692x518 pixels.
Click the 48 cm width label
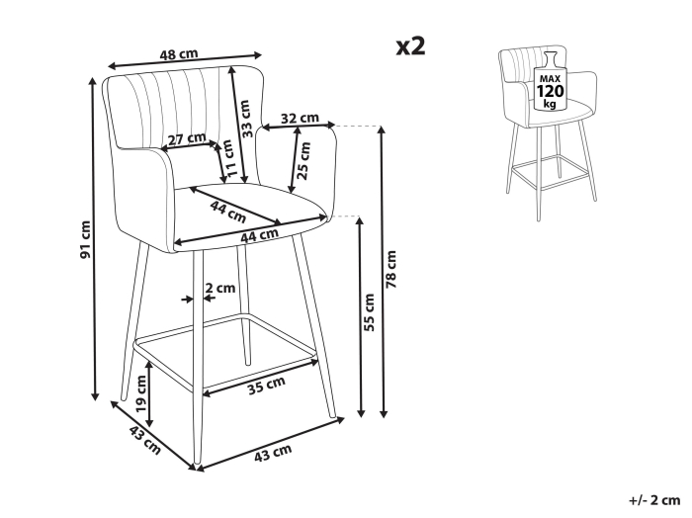[179, 54]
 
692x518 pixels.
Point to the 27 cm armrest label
[187, 139]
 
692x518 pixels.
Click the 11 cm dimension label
[228, 158]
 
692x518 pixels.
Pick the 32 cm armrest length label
[300, 119]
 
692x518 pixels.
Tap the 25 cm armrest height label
[303, 160]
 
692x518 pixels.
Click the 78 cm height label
[391, 269]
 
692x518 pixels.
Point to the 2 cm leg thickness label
[220, 288]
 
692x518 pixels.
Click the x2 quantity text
[410, 46]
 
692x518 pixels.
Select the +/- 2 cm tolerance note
[654, 500]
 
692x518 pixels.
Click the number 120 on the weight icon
[550, 91]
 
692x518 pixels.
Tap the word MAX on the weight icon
[550, 79]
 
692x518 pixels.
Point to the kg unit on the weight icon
[550, 104]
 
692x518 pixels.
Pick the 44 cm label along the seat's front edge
[259, 235]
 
